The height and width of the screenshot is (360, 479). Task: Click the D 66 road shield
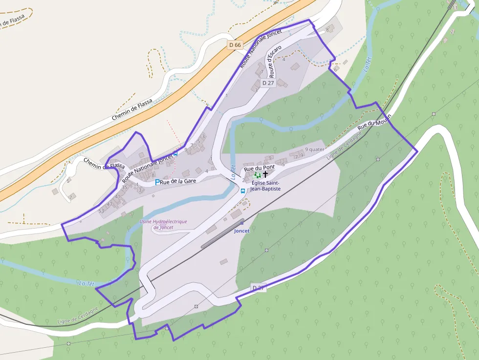tap(235, 45)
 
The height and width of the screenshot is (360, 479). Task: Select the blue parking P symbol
tap(157, 182)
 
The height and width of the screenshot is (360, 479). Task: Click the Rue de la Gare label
tap(178, 181)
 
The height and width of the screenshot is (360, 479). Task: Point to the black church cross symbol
tap(265, 174)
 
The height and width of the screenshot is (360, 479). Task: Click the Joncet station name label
tap(242, 231)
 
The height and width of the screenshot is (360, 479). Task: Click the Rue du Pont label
tap(260, 168)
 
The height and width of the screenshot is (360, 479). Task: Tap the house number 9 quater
tap(315, 149)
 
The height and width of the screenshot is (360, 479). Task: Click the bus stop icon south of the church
tap(243, 191)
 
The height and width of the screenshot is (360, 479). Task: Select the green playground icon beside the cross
tap(257, 174)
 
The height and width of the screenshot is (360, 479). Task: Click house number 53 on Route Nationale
tap(101, 211)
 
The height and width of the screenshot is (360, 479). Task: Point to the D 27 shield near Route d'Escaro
tap(268, 83)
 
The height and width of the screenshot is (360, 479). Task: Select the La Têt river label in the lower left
tap(87, 283)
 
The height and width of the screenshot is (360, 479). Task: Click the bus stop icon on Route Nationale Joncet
tap(176, 153)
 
